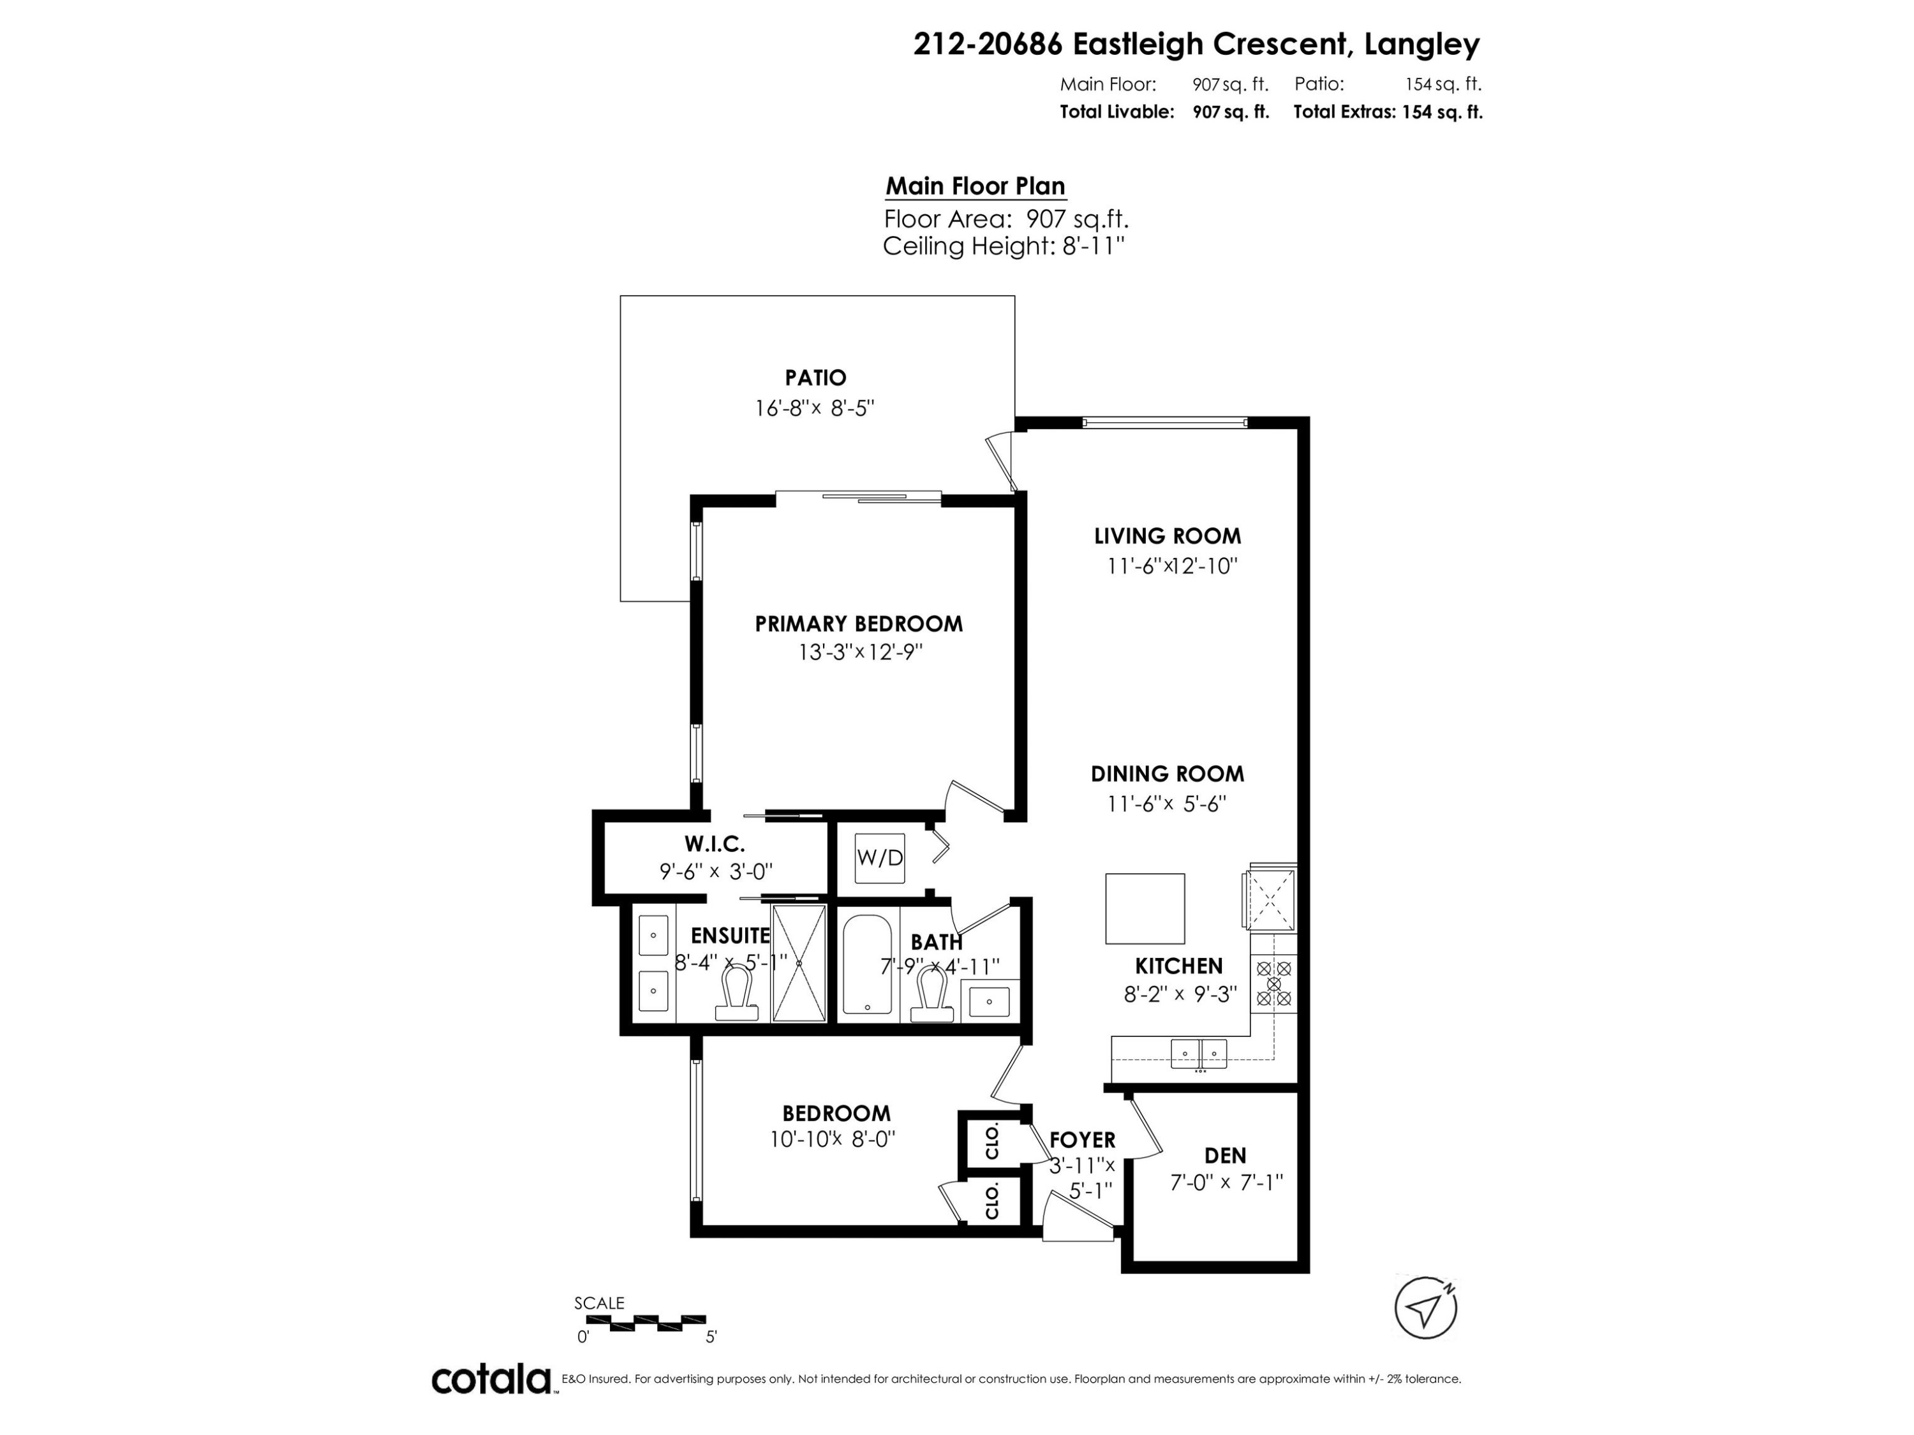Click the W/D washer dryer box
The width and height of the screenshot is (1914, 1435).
(879, 857)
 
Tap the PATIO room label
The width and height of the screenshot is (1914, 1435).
(815, 378)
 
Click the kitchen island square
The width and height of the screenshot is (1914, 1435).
(1144, 908)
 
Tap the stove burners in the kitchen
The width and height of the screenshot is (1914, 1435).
(1273, 983)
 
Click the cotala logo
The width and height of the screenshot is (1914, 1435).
(491, 1379)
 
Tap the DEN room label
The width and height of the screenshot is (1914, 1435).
(1225, 1155)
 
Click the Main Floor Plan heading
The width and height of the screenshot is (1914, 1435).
(975, 186)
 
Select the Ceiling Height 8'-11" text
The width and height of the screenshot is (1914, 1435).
(1003, 247)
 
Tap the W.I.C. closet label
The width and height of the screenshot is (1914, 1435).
(714, 843)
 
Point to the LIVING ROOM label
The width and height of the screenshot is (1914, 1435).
(1168, 536)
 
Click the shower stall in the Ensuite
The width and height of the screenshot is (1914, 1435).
(799, 962)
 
